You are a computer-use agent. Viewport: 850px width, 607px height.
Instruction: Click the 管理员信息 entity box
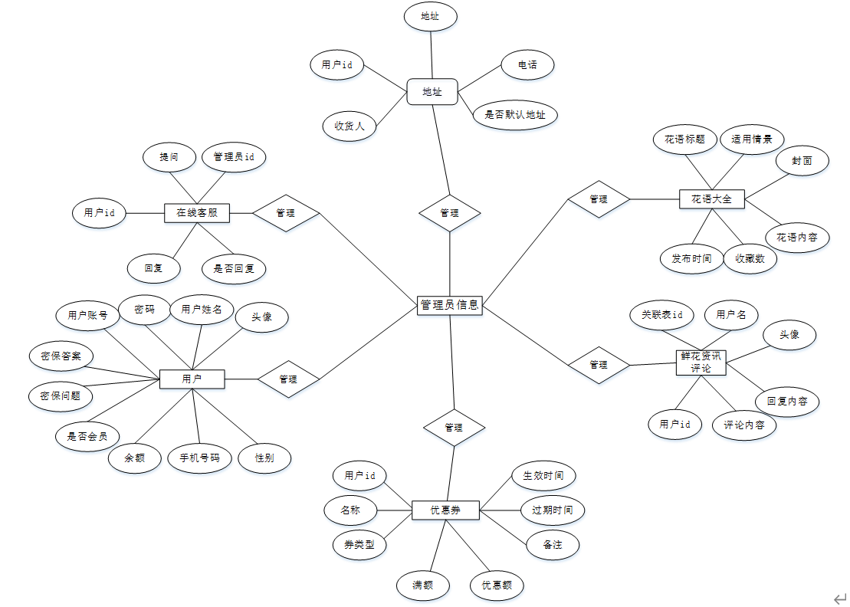pyautogui.click(x=450, y=305)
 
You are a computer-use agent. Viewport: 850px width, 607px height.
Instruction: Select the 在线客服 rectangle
pyautogui.click(x=197, y=212)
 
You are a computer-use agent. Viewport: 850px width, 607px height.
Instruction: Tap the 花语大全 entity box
pyautogui.click(x=711, y=199)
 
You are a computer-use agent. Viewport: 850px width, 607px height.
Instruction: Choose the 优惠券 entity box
pyautogui.click(x=445, y=510)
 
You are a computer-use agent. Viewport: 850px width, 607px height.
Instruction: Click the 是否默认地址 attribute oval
pyautogui.click(x=515, y=115)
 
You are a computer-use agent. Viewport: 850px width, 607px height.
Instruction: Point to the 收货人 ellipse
pyautogui.click(x=350, y=126)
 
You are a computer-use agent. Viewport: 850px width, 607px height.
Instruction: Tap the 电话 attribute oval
pyautogui.click(x=527, y=65)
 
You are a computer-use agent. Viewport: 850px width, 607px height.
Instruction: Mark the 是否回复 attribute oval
pyautogui.click(x=234, y=268)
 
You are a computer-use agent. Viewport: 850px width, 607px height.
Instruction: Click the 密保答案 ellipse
pyautogui.click(x=61, y=356)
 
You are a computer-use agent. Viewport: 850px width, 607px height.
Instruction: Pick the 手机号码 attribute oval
pyautogui.click(x=200, y=458)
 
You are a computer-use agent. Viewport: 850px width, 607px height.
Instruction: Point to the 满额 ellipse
pyautogui.click(x=422, y=586)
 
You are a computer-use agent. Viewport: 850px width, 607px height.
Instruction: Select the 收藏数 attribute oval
pyautogui.click(x=750, y=258)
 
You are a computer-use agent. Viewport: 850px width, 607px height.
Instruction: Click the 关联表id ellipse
pyautogui.click(x=662, y=314)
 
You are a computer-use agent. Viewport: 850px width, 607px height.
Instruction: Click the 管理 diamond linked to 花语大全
pyautogui.click(x=599, y=199)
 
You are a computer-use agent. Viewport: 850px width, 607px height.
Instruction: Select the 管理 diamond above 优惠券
pyautogui.click(x=454, y=427)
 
